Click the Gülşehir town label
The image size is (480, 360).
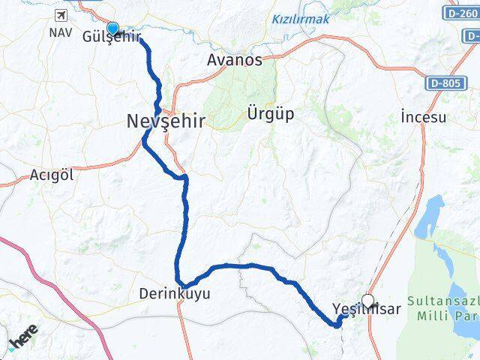111,37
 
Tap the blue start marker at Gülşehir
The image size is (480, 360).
112,28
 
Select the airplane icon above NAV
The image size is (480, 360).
59,15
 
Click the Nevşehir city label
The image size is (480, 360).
165,121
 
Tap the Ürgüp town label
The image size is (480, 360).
270,114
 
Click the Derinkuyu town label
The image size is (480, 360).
175,294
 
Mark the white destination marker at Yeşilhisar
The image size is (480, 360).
367,300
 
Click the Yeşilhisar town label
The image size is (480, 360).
366,308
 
